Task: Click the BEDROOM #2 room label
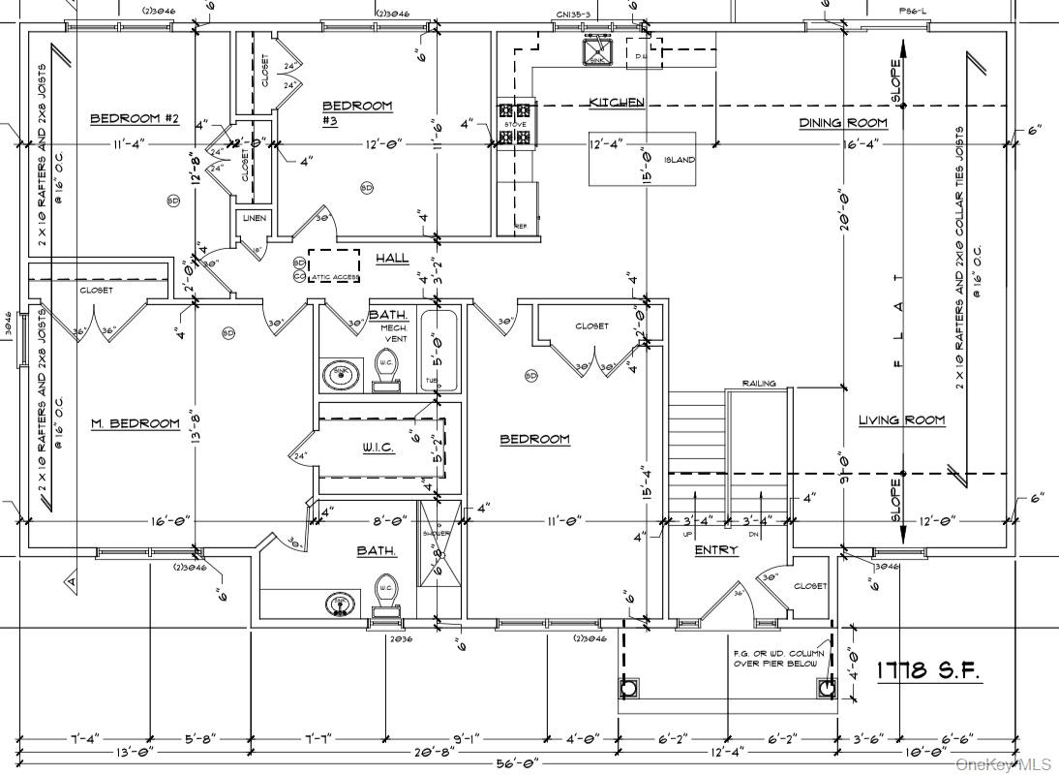click(x=136, y=118)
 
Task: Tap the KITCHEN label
click(x=617, y=102)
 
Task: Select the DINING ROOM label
click(x=842, y=123)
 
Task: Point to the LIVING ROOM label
click(x=901, y=419)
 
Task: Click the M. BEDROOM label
click(x=136, y=423)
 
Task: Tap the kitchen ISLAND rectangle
click(x=643, y=158)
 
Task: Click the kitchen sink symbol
click(x=595, y=51)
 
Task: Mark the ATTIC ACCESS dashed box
click(x=334, y=265)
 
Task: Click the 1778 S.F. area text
click(x=928, y=669)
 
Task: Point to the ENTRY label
click(x=716, y=549)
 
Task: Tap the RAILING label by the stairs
click(x=759, y=384)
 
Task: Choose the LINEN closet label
click(x=255, y=218)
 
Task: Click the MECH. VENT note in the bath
click(x=394, y=333)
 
